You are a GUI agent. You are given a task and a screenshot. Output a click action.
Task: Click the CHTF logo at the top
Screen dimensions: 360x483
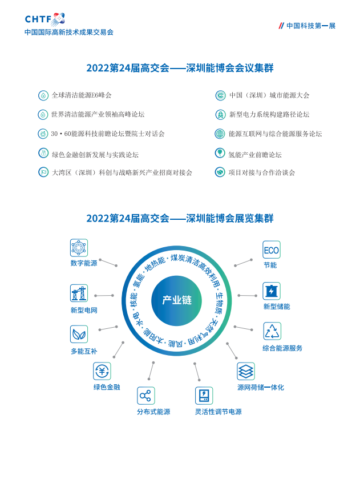click(x=45, y=19)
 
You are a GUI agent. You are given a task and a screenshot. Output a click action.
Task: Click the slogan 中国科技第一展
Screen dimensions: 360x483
click(x=311, y=26)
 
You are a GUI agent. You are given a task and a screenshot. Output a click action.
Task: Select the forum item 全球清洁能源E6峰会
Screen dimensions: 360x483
click(x=82, y=95)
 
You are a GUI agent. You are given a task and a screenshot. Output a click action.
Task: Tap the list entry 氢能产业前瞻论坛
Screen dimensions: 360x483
click(x=255, y=155)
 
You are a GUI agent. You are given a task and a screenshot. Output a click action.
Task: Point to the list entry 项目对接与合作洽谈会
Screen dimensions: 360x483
click(x=262, y=172)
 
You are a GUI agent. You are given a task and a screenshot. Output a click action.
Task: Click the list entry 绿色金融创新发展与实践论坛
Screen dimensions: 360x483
click(x=95, y=155)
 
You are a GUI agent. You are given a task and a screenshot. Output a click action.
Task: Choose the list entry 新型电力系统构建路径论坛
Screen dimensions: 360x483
click(x=269, y=115)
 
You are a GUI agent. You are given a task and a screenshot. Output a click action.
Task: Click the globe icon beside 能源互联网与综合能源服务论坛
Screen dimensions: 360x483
click(x=220, y=134)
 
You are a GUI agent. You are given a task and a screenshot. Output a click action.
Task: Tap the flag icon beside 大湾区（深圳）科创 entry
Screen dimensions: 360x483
click(x=43, y=172)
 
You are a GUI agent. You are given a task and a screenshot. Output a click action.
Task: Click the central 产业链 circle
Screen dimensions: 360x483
click(x=177, y=300)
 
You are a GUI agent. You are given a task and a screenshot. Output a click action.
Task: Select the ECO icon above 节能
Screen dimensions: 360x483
click(x=272, y=250)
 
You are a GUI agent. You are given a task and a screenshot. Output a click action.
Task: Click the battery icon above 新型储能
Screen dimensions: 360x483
click(x=272, y=291)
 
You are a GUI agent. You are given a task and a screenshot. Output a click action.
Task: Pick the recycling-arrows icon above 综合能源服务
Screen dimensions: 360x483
click(x=272, y=331)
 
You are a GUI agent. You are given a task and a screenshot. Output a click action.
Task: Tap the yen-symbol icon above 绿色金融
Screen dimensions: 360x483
click(x=102, y=371)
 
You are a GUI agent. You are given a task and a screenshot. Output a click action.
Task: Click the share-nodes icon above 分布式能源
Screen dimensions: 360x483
click(x=146, y=396)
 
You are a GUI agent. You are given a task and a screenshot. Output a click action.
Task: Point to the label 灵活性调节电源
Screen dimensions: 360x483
click(x=218, y=412)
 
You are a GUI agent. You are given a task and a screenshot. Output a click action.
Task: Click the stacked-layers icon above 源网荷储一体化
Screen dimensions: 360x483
click(x=246, y=372)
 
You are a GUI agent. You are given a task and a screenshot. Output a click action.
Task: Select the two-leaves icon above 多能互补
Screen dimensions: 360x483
click(x=79, y=334)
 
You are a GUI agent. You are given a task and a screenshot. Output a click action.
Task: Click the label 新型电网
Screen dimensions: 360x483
click(x=84, y=310)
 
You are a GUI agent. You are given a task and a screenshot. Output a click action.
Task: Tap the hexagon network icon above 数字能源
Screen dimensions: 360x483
click(x=79, y=248)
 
